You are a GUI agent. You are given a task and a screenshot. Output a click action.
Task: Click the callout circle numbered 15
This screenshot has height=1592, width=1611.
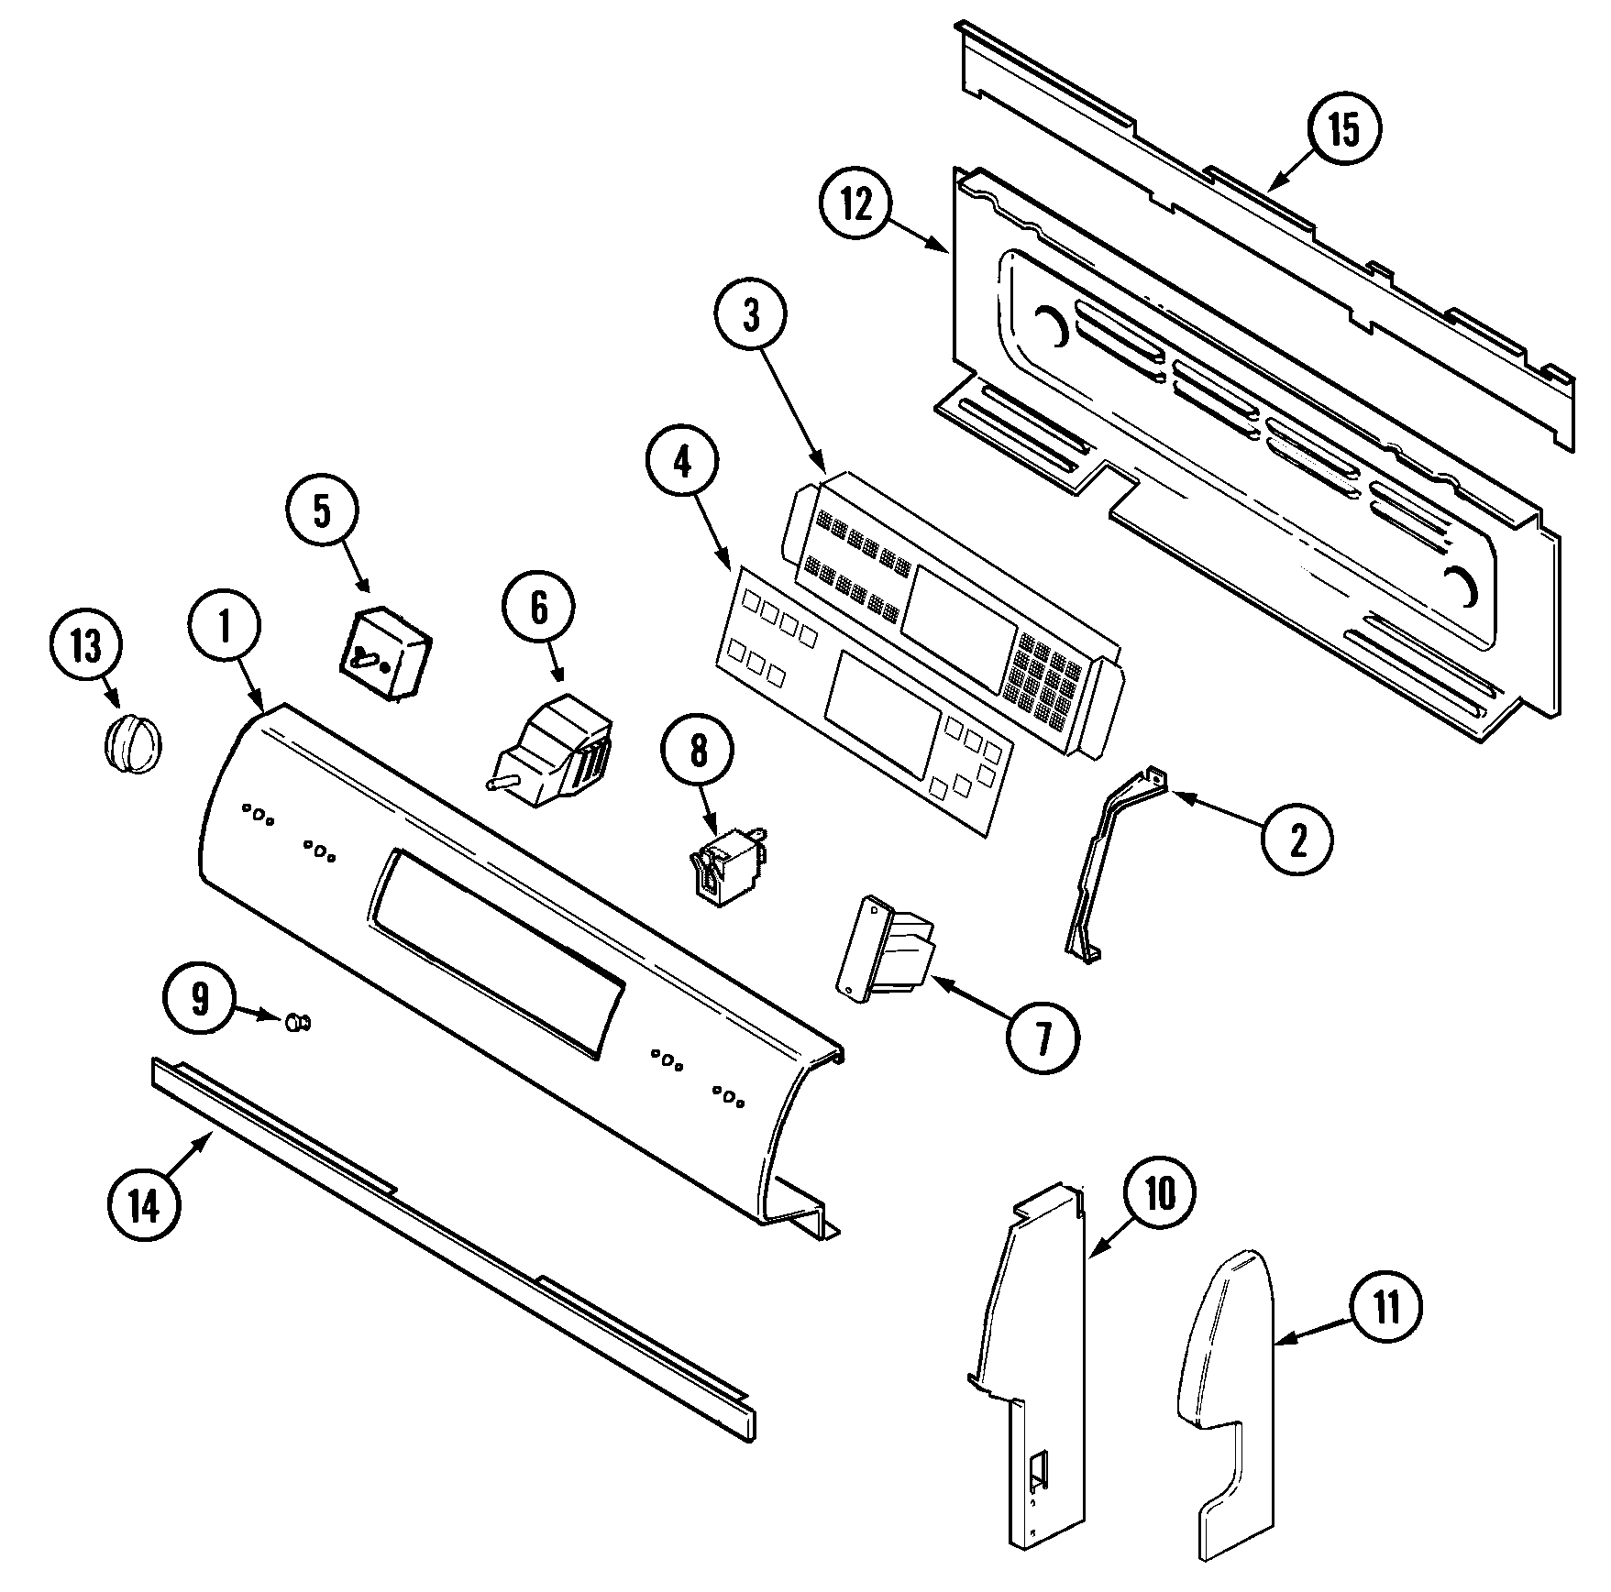click(1343, 130)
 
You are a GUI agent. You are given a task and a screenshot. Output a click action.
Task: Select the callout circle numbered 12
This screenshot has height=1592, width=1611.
click(855, 206)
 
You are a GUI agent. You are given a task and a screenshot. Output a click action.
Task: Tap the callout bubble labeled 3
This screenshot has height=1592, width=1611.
click(751, 315)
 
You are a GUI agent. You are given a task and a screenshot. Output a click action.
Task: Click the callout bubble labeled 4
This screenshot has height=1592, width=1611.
click(682, 465)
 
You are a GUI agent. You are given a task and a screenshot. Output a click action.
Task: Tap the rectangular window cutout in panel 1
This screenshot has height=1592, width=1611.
click(500, 953)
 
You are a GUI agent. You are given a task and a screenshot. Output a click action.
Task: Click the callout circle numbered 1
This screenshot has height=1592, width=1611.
click(225, 625)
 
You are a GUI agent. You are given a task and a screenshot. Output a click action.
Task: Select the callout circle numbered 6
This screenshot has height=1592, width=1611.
click(538, 608)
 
